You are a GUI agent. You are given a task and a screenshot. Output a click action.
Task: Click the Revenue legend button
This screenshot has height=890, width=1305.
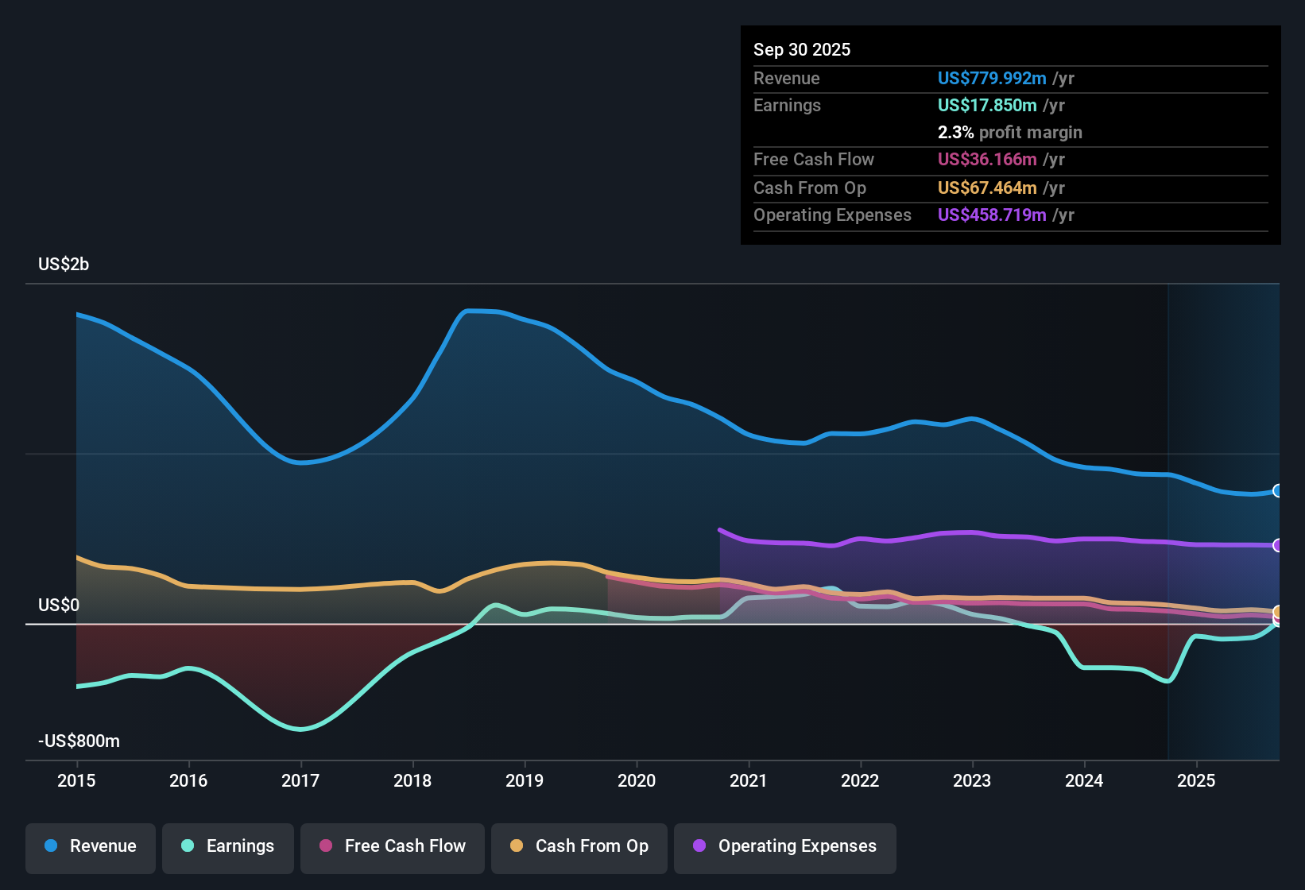tap(91, 846)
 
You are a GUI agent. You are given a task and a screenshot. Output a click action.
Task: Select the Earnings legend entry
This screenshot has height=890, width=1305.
tap(228, 846)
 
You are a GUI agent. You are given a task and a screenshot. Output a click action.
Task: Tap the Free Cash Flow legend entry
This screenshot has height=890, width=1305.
tap(393, 846)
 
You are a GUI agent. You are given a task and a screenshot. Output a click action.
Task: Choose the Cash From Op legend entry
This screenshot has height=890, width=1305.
tap(579, 846)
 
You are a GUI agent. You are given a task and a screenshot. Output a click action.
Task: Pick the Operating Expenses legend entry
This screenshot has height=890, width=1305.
tap(785, 846)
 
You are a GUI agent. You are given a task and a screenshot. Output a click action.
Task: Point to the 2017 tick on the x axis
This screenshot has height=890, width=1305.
tap(300, 780)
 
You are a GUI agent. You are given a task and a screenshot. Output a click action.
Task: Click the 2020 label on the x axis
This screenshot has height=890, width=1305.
tap(637, 780)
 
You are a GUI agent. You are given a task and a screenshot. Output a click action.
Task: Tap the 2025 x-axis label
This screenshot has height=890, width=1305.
tap(1196, 780)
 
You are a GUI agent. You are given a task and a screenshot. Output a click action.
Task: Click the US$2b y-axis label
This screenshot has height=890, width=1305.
tap(64, 264)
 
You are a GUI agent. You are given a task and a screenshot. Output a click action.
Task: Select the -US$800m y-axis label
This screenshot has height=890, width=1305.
tap(79, 741)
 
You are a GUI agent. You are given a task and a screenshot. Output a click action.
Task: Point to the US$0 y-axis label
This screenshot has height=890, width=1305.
tap(59, 605)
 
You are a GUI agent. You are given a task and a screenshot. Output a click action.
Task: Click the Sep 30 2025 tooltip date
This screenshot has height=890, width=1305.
tap(802, 49)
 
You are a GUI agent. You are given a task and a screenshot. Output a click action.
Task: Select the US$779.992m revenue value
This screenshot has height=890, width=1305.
tap(992, 78)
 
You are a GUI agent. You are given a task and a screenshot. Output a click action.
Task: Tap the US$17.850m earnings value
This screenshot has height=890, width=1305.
tap(987, 105)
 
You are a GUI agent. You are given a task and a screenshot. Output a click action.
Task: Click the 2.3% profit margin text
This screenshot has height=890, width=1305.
tap(1009, 132)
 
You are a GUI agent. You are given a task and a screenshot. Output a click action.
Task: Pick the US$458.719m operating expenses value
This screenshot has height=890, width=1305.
tap(992, 215)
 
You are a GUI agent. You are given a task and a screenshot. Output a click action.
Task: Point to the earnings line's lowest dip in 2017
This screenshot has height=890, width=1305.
tap(300, 729)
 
